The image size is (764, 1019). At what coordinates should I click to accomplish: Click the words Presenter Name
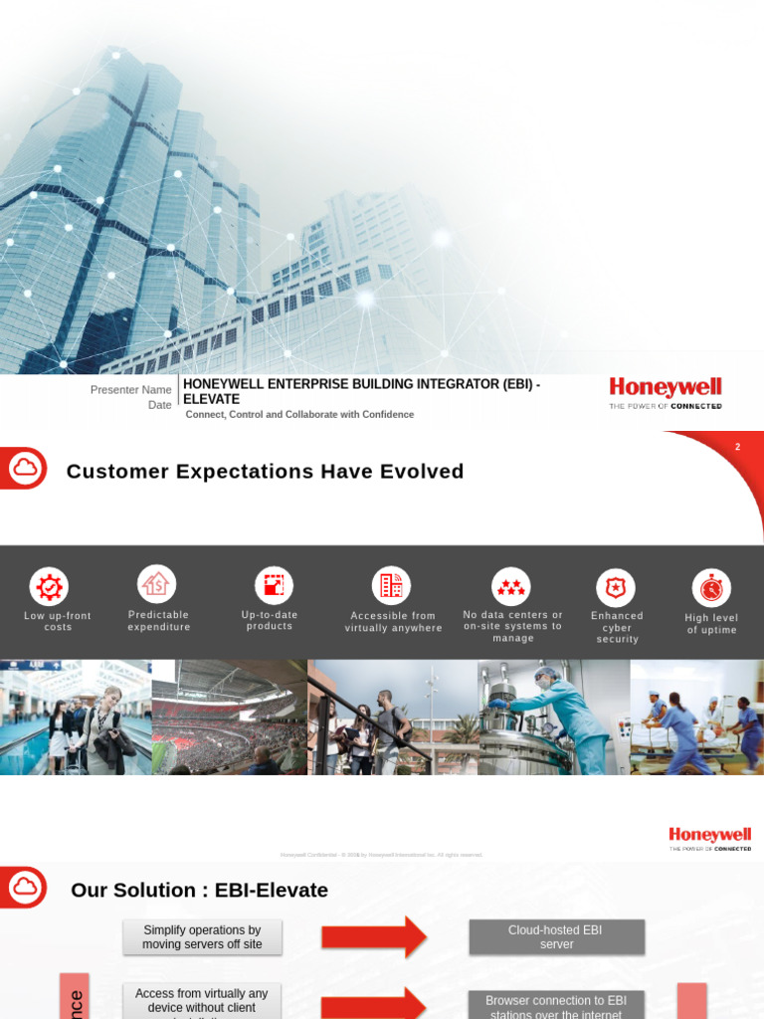coord(130,389)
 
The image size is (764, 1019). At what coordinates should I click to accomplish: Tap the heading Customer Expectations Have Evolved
coord(265,472)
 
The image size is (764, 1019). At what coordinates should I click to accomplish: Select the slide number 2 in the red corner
coord(737,448)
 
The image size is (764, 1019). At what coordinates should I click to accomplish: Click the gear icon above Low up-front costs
coord(48,586)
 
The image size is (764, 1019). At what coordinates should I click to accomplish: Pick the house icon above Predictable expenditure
coord(156,584)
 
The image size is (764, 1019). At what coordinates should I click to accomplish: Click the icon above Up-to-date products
coord(274,585)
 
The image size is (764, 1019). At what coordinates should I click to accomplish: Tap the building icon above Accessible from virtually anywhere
coord(391,586)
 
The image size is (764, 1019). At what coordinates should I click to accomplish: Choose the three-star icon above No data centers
coord(511,587)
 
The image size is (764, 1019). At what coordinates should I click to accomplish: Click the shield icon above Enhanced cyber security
coord(616,588)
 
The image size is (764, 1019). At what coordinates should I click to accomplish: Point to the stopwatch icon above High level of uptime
coord(711,588)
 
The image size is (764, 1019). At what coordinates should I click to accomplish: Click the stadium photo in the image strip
coord(229,717)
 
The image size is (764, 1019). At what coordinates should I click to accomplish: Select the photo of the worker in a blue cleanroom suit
coord(553,717)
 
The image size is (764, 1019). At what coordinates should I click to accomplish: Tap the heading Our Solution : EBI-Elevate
coord(199,890)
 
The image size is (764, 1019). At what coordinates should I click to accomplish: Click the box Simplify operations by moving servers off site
coord(202,936)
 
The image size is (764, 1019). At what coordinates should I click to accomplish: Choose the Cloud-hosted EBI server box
coord(556,936)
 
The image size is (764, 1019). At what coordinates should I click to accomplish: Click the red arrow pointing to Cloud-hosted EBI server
coord(374,936)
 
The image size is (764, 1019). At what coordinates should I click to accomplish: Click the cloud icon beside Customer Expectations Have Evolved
coord(24,467)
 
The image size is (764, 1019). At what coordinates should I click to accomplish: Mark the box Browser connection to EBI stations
coord(556,1005)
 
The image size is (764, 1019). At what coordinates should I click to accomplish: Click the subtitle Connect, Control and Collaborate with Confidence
coord(299,414)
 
